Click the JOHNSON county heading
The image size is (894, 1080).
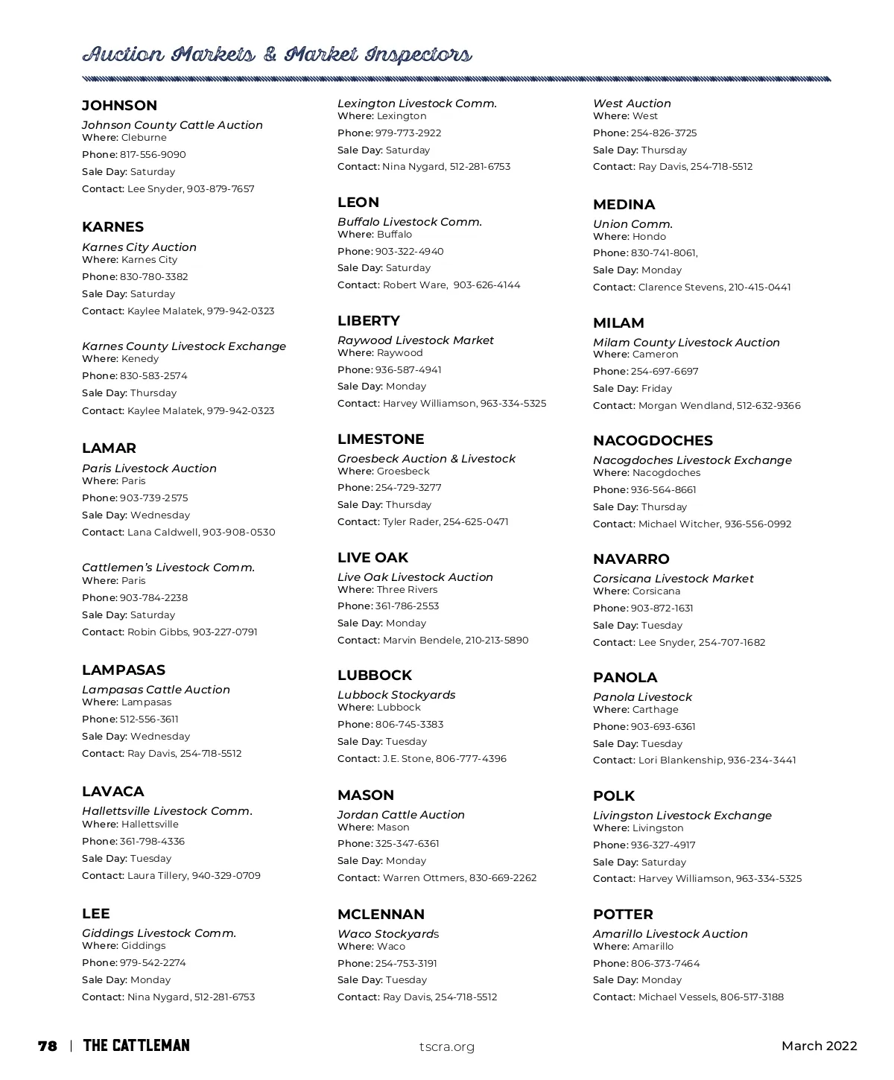pyautogui.click(x=119, y=106)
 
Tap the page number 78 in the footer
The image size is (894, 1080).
pyautogui.click(x=48, y=1046)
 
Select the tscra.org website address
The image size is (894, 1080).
pyautogui.click(x=447, y=1046)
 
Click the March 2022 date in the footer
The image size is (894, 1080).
pyautogui.click(x=819, y=1046)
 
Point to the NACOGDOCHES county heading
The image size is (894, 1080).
pyautogui.click(x=653, y=441)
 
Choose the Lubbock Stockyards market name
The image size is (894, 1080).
pyautogui.click(x=396, y=695)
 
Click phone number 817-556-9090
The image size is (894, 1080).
pyautogui.click(x=153, y=155)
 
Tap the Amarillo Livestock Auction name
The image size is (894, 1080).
pyautogui.click(x=670, y=934)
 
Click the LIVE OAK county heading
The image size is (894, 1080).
pyautogui.click(x=372, y=558)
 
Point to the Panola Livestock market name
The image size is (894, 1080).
pyautogui.click(x=642, y=697)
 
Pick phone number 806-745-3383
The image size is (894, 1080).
pyautogui.click(x=409, y=725)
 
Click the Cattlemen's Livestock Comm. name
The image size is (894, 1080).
pyautogui.click(x=168, y=568)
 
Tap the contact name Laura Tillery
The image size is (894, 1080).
pyautogui.click(x=156, y=876)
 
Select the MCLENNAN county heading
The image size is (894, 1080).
pyautogui.click(x=381, y=915)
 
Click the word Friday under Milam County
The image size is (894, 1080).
pyautogui.click(x=656, y=389)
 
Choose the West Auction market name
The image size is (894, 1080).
pyautogui.click(x=632, y=104)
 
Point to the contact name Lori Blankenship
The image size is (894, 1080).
pyautogui.click(x=680, y=760)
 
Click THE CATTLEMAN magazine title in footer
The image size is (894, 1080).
pyautogui.click(x=136, y=1046)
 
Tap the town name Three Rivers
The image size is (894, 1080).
pyautogui.click(x=407, y=590)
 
